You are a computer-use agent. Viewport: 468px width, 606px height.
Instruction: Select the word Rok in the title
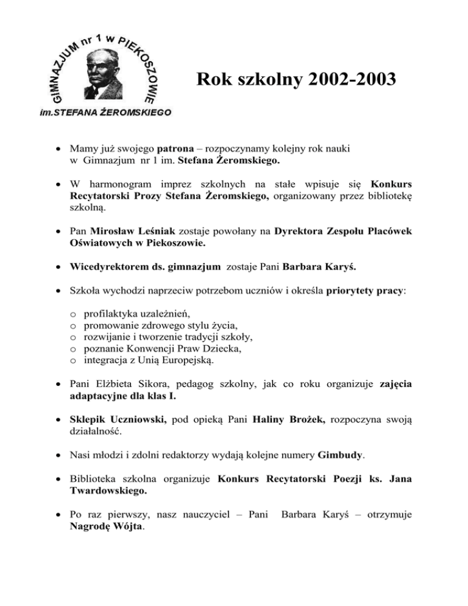tap(210, 79)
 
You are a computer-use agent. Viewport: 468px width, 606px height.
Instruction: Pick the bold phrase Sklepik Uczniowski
tap(115, 422)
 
